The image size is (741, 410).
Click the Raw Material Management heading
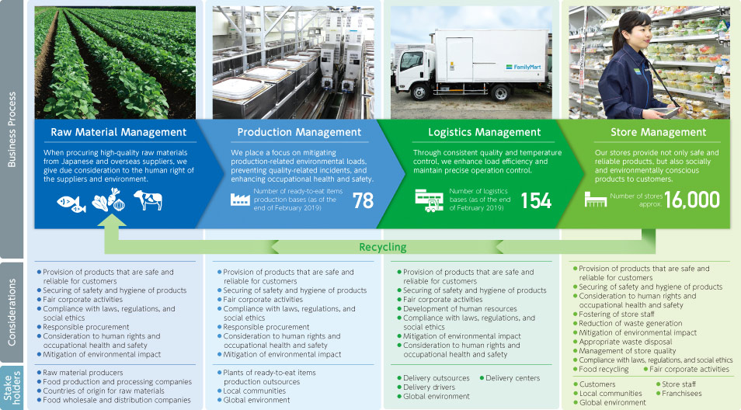[119, 132]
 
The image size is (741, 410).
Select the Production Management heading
[299, 132]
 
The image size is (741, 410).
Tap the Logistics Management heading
[485, 132]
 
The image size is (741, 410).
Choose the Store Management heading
[659, 132]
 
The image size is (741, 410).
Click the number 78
[363, 201]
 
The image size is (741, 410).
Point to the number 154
[536, 201]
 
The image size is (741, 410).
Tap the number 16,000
[692, 200]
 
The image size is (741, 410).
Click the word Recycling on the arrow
[383, 247]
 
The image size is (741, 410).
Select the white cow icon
[148, 200]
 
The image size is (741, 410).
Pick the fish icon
[71, 203]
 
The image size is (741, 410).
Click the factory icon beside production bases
[240, 200]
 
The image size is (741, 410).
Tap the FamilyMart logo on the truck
[524, 67]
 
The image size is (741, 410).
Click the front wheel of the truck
[419, 92]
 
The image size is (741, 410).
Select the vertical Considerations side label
[12, 312]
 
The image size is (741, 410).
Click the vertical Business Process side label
[12, 130]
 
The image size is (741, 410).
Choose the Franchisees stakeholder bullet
[679, 394]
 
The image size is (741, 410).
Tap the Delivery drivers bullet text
[426, 387]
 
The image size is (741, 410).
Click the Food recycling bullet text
[600, 370]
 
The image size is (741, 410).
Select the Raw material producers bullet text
[80, 373]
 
